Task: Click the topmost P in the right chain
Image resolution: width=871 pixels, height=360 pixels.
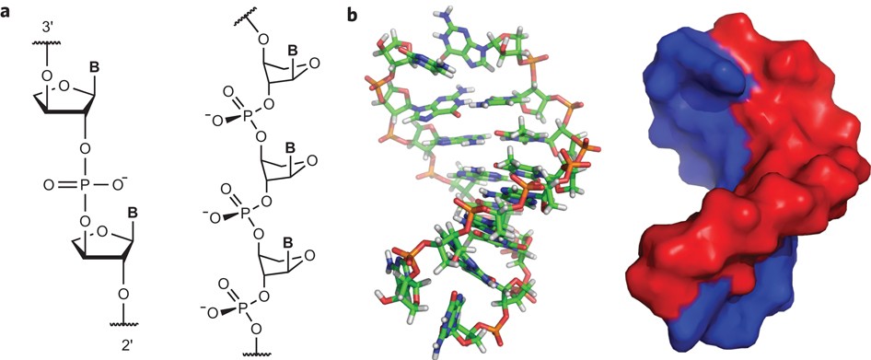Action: pyautogui.click(x=245, y=118)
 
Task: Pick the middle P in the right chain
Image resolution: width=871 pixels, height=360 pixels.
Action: pyautogui.click(x=245, y=213)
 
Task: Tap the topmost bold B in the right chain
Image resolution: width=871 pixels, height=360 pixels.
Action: pyautogui.click(x=289, y=52)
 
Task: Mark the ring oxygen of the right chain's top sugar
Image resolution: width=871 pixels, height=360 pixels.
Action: pyautogui.click(x=314, y=63)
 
